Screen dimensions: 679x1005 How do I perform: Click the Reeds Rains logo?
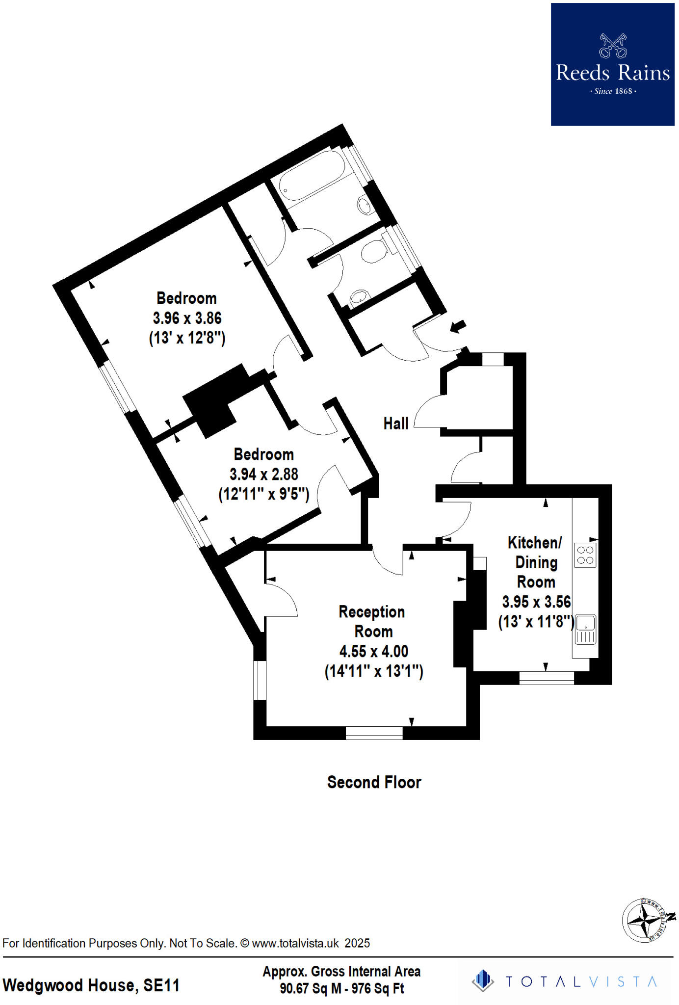pos(612,64)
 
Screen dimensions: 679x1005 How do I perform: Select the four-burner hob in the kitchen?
pos(585,555)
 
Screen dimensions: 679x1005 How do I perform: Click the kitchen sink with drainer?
pos(585,629)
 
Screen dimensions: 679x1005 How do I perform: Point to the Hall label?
pos(395,423)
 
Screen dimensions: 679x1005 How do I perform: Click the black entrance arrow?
pos(458,326)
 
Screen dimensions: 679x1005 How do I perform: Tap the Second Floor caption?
pos(374,782)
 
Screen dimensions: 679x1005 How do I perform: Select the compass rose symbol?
pos(644,921)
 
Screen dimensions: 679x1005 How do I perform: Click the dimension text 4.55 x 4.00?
pos(373,651)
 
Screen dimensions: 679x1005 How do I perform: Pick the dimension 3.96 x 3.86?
pos(187,318)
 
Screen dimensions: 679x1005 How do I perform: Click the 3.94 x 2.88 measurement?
pos(263,474)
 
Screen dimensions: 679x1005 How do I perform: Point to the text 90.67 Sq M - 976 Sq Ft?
pos(341,988)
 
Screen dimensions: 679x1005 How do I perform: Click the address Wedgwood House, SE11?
pos(91,985)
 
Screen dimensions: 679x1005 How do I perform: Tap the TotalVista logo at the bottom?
pos(564,981)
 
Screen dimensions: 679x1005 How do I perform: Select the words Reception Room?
pos(372,621)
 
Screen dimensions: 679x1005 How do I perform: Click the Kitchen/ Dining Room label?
pos(536,562)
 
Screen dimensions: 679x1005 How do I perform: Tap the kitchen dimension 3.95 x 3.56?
pos(536,602)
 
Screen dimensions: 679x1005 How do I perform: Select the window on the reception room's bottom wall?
pos(374,733)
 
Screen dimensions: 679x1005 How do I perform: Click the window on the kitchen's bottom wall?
pos(547,678)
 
